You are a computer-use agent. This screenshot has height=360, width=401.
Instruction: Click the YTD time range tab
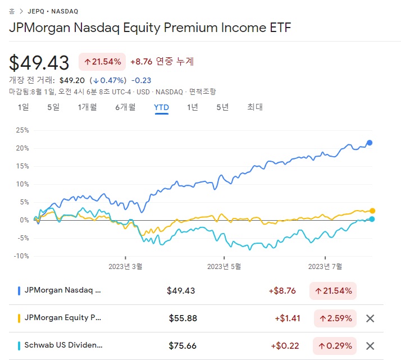161,107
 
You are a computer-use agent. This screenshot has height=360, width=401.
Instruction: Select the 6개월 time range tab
125,107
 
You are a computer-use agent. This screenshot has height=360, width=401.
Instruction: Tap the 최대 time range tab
255,107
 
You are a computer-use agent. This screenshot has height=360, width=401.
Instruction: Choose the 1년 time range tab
193,107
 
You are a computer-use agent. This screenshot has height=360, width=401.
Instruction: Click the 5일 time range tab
53,107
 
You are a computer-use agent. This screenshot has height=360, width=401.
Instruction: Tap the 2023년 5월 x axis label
225,267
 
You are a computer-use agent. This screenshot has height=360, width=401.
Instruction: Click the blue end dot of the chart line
370,143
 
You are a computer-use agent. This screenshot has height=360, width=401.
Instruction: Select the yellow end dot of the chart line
372,211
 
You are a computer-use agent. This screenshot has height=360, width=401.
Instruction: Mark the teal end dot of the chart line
372,219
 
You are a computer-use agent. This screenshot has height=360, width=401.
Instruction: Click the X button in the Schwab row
370,346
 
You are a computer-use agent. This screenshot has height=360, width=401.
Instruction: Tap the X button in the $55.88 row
370,318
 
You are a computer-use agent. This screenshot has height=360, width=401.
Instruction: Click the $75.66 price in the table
183,346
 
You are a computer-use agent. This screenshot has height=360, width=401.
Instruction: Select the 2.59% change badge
335,318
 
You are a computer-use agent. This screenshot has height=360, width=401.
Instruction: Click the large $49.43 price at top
39,62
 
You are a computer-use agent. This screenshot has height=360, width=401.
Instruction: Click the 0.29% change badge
335,346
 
